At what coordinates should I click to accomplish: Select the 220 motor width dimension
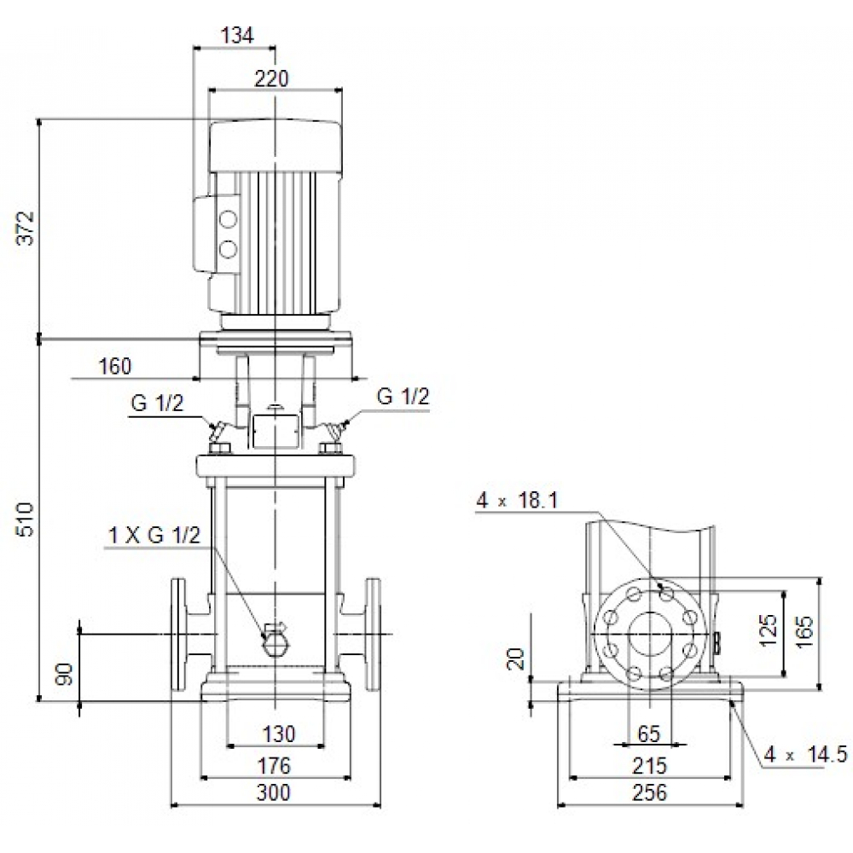272,78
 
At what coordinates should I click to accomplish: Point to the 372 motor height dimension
27,228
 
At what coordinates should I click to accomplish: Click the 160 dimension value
115,367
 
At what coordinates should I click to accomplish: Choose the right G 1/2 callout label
403,397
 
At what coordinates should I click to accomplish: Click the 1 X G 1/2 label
154,536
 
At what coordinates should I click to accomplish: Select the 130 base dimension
278,734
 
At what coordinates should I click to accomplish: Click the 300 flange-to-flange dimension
273,792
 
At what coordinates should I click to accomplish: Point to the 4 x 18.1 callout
518,501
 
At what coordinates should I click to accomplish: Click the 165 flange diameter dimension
806,632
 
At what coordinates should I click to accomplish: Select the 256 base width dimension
650,792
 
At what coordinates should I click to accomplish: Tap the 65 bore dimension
649,734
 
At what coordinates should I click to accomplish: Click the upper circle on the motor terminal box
228,220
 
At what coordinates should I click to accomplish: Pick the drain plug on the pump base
275,641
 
